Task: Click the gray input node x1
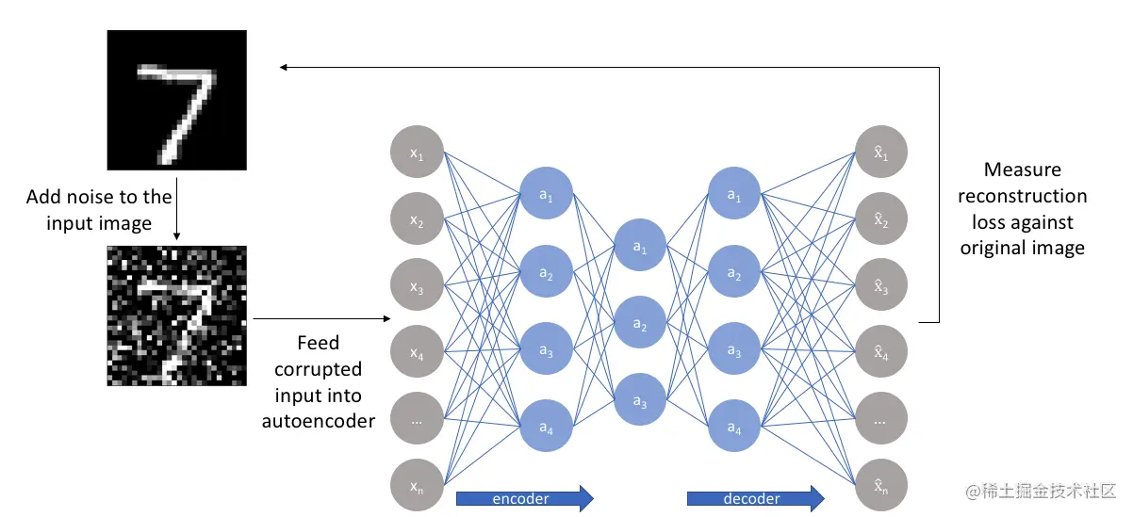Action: click(x=417, y=152)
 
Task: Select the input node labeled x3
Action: click(x=417, y=284)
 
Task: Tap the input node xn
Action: click(x=417, y=485)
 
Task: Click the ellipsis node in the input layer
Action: click(x=417, y=418)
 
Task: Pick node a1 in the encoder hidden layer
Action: click(x=547, y=193)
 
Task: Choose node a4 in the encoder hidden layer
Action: click(x=547, y=426)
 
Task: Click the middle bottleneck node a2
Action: click(x=640, y=322)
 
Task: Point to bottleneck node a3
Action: click(x=640, y=399)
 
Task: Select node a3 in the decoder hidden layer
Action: click(x=734, y=348)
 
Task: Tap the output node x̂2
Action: click(x=881, y=218)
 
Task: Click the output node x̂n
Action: click(x=881, y=485)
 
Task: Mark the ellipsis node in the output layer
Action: click(x=881, y=418)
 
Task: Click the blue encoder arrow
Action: click(x=524, y=499)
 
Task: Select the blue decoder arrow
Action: click(x=756, y=499)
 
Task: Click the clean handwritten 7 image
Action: click(x=177, y=100)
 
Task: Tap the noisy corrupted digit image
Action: click(x=177, y=315)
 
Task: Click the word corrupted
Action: click(x=319, y=369)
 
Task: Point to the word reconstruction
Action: click(x=1022, y=196)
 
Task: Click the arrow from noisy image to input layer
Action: click(x=321, y=319)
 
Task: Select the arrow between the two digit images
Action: click(x=176, y=209)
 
